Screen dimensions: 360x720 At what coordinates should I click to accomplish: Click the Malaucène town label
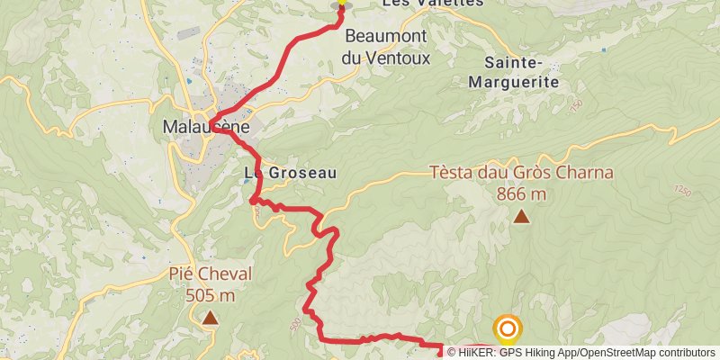[x=204, y=127]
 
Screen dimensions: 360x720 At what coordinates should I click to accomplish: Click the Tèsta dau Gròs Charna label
[x=521, y=172]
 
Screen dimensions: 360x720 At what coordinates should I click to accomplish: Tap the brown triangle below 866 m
[x=521, y=216]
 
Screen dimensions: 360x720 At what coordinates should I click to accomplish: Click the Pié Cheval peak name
[x=211, y=274]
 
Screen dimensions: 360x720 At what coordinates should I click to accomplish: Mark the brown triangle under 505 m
[x=211, y=317]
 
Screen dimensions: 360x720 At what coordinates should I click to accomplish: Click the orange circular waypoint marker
[x=508, y=328]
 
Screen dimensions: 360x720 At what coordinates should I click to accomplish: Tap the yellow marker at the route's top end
[x=341, y=4]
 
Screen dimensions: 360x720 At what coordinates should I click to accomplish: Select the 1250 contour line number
[x=684, y=191]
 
